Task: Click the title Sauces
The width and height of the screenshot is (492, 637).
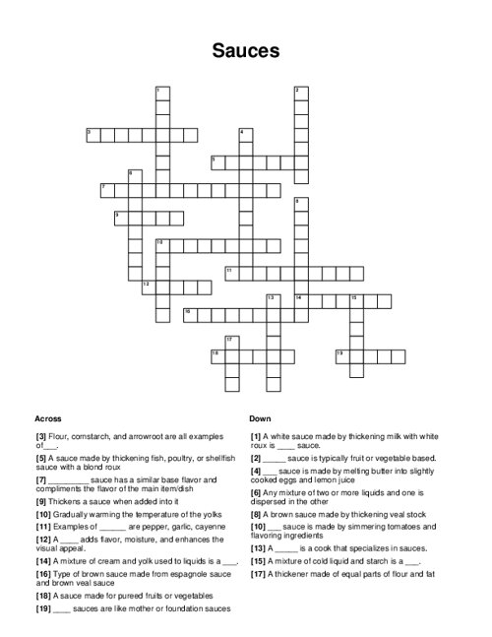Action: (x=246, y=50)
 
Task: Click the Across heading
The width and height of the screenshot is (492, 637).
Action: (x=48, y=418)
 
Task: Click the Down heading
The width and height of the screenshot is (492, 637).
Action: (x=260, y=418)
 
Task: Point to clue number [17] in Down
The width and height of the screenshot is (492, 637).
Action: (x=257, y=588)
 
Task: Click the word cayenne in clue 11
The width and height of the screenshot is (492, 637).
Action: (x=197, y=527)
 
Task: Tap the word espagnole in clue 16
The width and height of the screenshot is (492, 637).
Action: (x=163, y=573)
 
